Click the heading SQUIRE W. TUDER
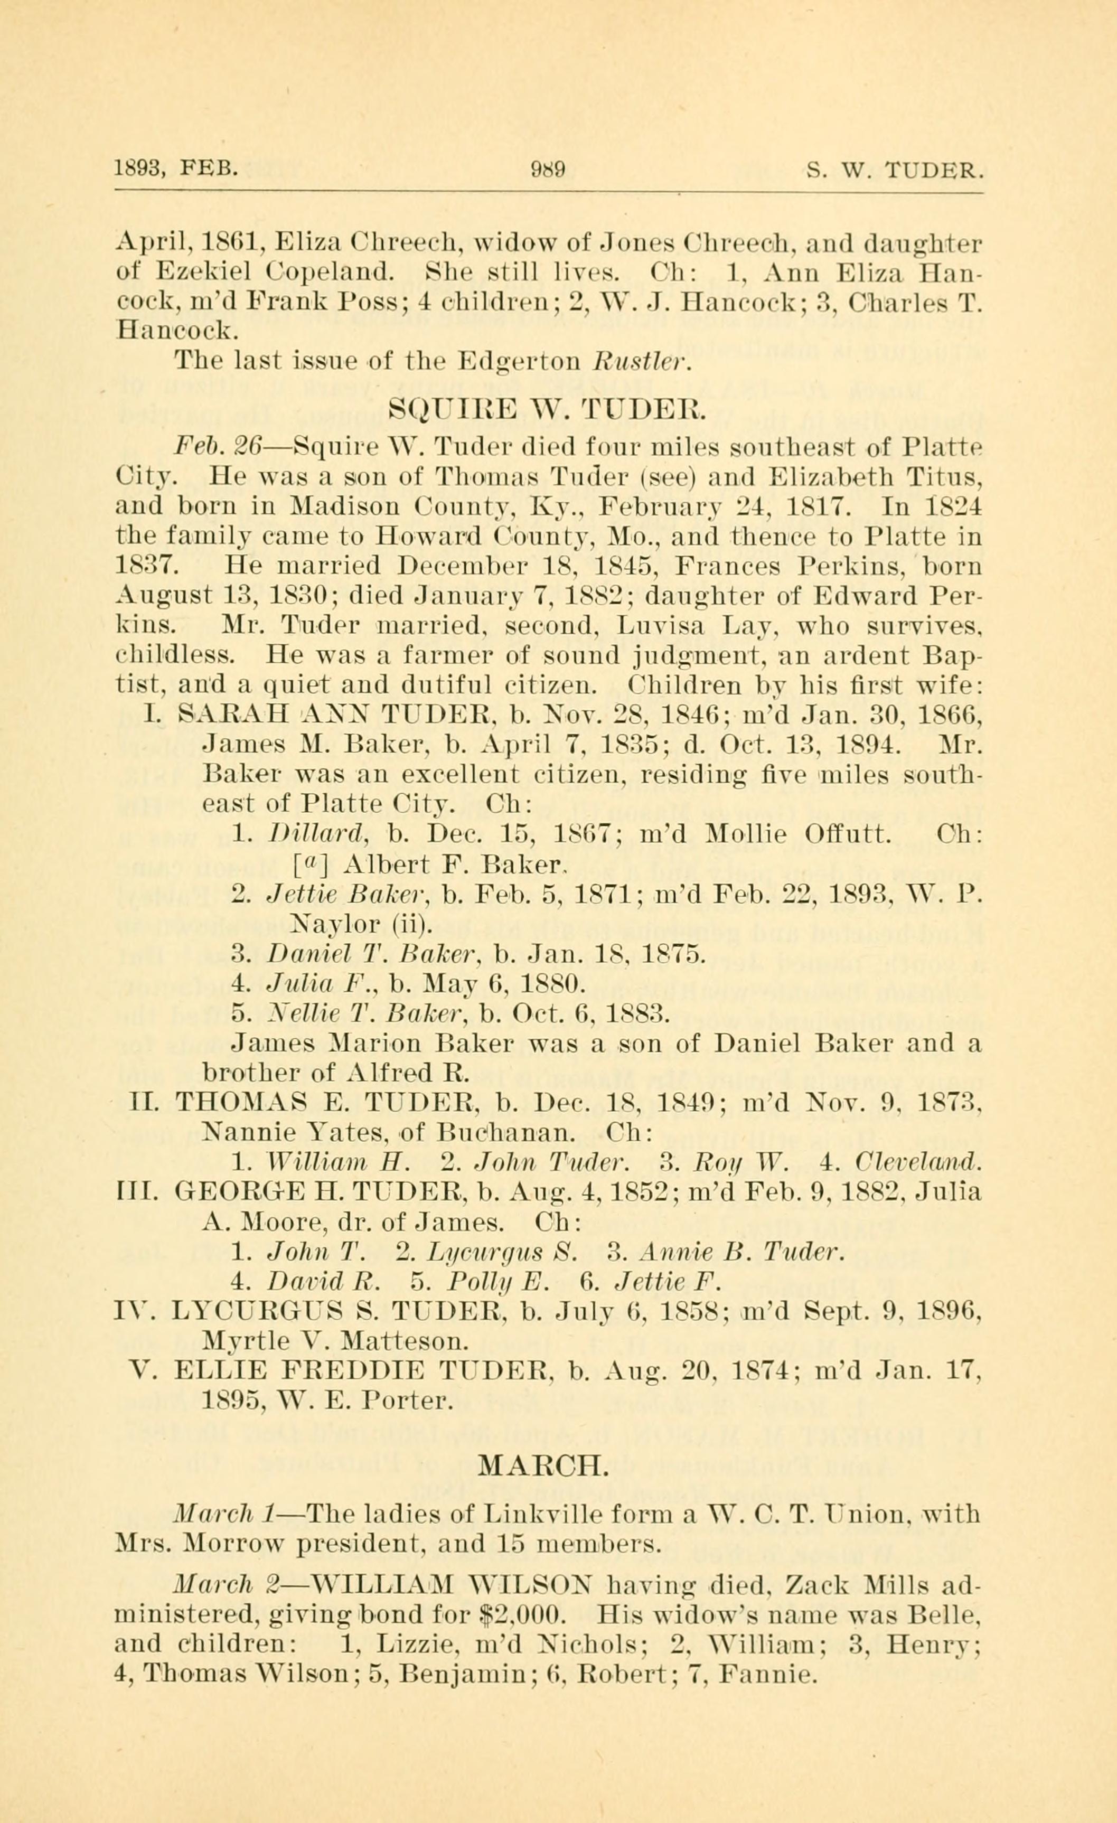(x=549, y=408)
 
